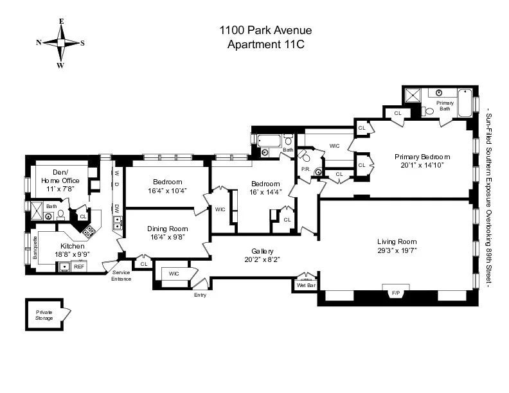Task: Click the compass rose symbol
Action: pos(61,43)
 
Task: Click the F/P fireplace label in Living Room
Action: pos(396,293)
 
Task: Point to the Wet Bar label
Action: pos(306,284)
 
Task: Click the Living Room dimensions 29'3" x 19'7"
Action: pos(396,251)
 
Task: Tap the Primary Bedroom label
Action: pos(422,157)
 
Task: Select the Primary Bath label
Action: pos(445,106)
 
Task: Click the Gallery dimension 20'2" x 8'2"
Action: pos(262,259)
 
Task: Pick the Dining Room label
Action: pos(167,229)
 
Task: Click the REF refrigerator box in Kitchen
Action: pos(78,266)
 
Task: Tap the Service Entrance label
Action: pos(121,275)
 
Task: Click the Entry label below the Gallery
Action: pos(200,295)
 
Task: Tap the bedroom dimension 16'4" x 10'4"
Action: pos(167,190)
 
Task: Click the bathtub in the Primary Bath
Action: pos(466,103)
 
